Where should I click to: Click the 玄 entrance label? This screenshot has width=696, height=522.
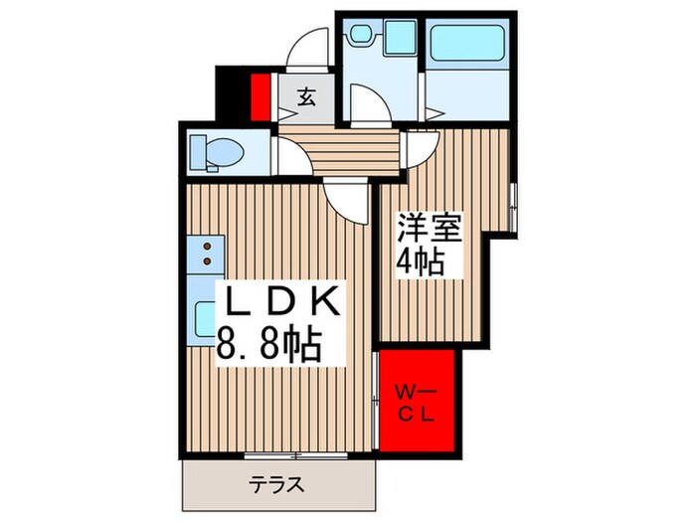[307, 97]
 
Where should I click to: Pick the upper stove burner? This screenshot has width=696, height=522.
[207, 245]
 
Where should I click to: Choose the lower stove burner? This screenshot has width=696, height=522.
[207, 261]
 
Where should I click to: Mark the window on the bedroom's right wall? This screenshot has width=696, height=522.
[513, 205]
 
